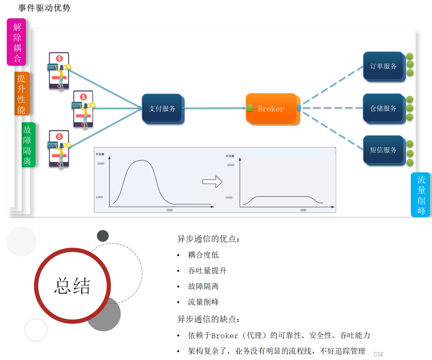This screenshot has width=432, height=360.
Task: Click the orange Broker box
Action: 271,108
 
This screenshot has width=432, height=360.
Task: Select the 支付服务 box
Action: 162,108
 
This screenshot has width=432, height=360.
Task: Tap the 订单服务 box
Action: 383,66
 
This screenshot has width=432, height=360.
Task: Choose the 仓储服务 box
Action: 383,108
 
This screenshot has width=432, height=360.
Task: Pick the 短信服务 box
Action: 383,150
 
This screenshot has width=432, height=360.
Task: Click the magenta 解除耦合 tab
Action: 17,42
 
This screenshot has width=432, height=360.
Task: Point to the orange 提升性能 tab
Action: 22,93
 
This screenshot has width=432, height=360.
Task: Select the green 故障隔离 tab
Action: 28,145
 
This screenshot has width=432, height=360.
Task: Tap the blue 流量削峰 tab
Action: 421,195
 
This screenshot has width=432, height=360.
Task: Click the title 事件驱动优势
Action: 44,8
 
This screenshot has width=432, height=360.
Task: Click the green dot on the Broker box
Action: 250,108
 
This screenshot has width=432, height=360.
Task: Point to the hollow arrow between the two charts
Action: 212,182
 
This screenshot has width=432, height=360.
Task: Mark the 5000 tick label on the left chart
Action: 101,164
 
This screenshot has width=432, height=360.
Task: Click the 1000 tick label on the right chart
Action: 229,198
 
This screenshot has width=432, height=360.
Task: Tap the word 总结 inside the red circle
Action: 72,285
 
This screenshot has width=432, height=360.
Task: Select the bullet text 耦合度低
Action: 203,255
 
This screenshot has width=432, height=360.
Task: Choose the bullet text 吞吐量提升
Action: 207,271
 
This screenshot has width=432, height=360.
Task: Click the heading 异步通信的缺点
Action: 208,319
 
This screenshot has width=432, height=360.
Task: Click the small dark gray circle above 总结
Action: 103,236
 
